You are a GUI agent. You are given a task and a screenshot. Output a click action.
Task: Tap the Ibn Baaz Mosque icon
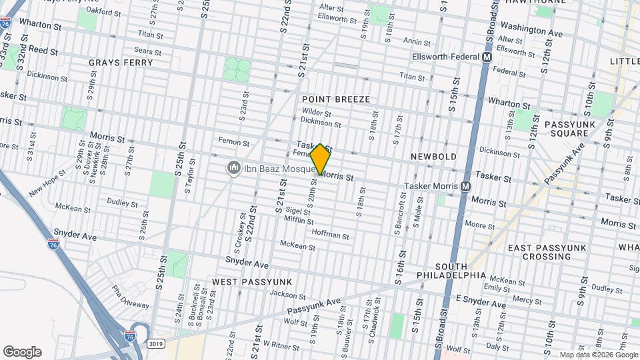[233, 167]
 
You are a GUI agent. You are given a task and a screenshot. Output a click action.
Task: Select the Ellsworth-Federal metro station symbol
[487, 58]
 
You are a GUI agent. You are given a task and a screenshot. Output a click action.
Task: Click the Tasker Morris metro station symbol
[465, 186]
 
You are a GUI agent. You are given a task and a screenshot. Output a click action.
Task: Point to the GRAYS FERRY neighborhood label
[121, 63]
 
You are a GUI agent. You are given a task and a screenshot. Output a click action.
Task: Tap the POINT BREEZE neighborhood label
[335, 99]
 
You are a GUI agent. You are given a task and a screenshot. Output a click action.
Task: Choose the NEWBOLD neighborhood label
[433, 157]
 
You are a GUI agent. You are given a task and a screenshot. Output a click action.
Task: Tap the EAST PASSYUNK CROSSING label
[546, 252]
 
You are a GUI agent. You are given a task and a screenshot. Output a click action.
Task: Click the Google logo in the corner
[22, 352]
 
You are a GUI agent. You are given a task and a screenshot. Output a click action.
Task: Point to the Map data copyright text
[598, 355]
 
